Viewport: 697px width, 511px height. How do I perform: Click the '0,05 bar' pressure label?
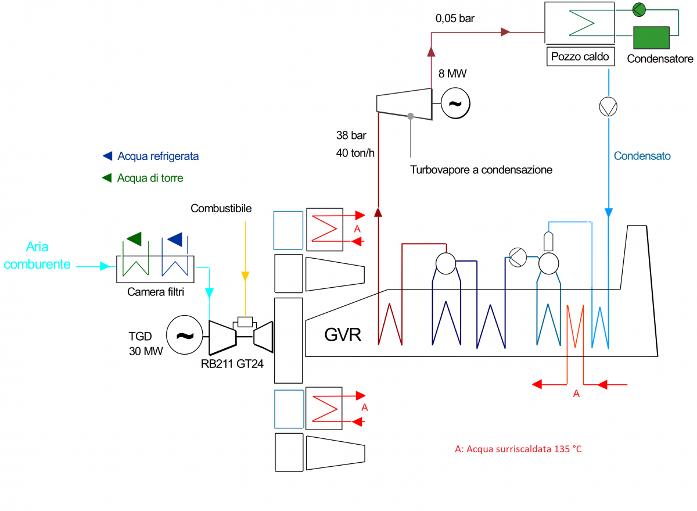coord(455,18)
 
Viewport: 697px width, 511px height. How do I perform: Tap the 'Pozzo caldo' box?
coord(580,57)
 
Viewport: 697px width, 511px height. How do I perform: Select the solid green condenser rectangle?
coord(650,37)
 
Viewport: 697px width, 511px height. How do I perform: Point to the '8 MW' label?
coord(452,74)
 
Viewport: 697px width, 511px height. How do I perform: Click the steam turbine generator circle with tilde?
coord(455,103)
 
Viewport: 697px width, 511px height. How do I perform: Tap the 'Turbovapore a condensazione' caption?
coord(481,170)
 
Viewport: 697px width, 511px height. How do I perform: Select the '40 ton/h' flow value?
coord(355,153)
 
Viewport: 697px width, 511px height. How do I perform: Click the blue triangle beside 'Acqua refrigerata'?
coord(107,156)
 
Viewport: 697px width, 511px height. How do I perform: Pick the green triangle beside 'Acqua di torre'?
coord(107,178)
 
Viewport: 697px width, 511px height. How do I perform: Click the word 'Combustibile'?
coord(221,208)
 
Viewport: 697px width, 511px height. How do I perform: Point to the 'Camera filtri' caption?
coord(156,292)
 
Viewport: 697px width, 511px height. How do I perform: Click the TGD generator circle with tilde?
coord(184,335)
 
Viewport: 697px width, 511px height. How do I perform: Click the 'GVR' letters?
coord(343,335)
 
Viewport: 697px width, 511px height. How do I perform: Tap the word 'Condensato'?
coord(642,156)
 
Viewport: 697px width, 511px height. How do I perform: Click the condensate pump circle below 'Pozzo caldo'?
coord(608,106)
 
